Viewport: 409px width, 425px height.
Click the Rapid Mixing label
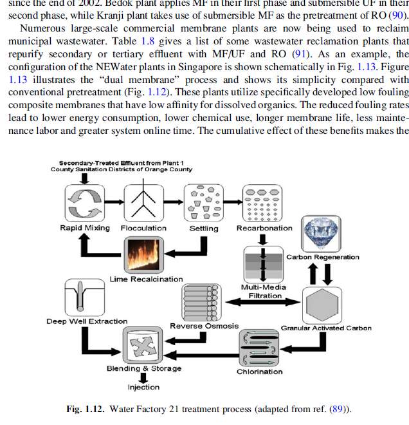[84, 228]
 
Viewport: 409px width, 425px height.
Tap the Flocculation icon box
[143, 202]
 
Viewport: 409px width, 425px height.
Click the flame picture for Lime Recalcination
[145, 255]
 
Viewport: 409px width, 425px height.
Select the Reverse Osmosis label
[204, 326]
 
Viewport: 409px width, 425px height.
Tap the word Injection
[143, 388]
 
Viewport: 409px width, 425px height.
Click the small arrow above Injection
[143, 378]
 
